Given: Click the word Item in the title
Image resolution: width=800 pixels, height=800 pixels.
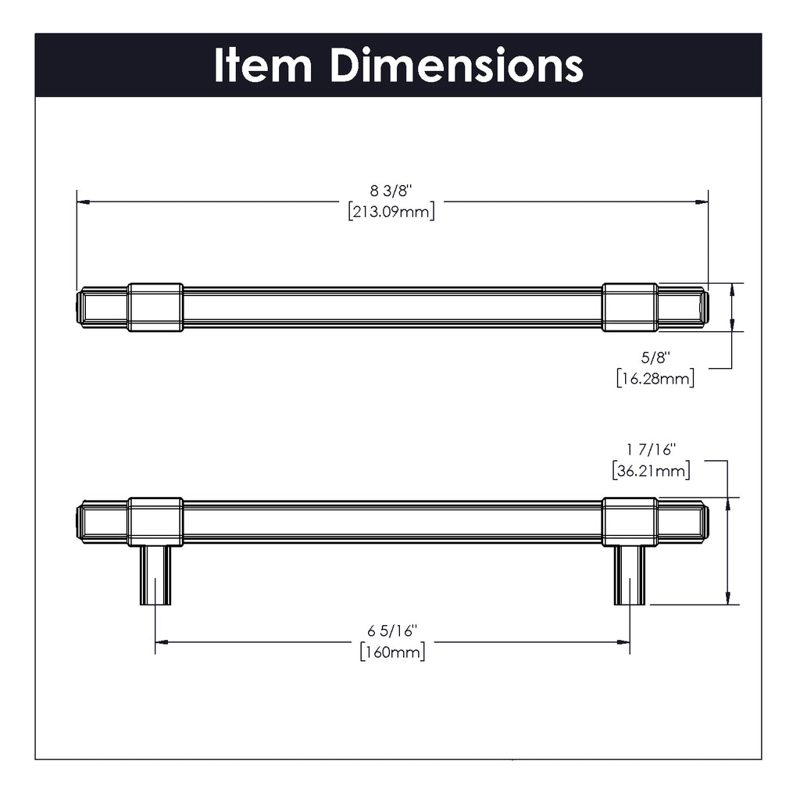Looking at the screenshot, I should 262,66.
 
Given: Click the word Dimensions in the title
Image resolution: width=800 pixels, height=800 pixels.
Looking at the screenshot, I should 456,66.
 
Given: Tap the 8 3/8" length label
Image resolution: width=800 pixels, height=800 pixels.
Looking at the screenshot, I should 391,191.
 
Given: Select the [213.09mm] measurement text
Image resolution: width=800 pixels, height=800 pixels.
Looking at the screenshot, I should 391,212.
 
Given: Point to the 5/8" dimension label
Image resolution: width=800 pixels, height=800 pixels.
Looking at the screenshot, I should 655,358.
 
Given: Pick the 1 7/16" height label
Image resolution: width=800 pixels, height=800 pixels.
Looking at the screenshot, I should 650,450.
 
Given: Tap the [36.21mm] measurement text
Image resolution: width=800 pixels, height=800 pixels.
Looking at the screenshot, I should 650,470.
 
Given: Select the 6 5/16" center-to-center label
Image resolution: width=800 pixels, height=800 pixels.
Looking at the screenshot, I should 392,631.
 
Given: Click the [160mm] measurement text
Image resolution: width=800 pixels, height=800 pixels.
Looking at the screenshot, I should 392,652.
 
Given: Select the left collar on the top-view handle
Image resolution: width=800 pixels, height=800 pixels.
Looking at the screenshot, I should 155,307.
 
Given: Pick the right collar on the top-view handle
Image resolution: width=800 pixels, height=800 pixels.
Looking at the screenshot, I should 630,307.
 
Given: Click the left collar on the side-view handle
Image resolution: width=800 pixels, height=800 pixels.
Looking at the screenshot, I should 155,521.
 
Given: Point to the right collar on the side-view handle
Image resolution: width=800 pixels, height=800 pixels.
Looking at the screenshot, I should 630,521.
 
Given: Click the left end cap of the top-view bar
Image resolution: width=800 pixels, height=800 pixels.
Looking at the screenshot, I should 80,307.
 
